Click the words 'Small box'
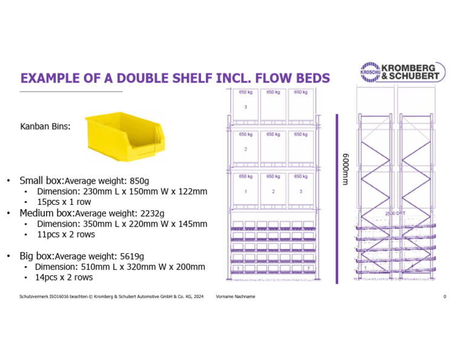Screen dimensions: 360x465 pyautogui.click(x=41, y=181)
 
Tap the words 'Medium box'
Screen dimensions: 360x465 pyautogui.click(x=46, y=213)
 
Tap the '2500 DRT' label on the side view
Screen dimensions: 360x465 pyautogui.click(x=395, y=213)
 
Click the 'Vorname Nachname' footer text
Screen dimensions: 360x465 pyautogui.click(x=236, y=296)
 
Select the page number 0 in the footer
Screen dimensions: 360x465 pyautogui.click(x=444, y=296)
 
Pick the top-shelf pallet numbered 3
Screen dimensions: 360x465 pyautogui.click(x=245, y=107)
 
